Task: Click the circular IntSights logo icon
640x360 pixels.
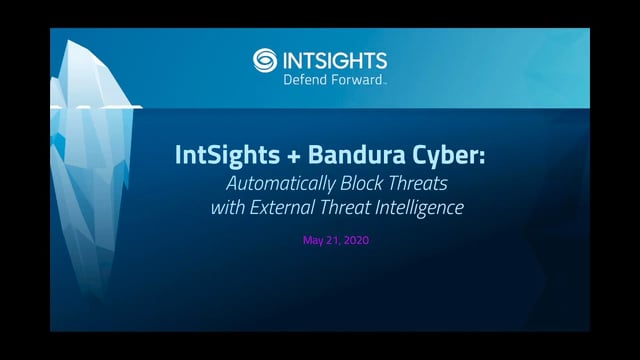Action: pos(266,61)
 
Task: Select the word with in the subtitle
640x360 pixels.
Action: pos(228,208)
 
